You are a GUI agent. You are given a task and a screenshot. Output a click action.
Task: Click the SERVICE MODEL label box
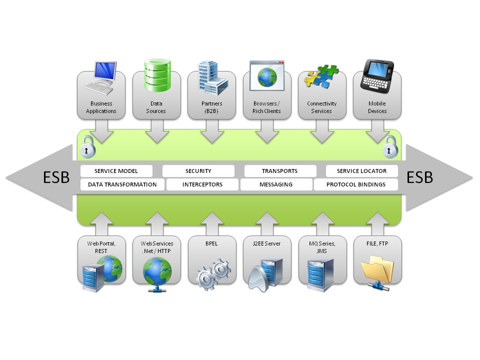[116, 171]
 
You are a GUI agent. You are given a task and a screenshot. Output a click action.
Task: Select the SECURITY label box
[198, 171]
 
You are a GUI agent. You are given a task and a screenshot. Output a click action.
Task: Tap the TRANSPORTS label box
[279, 171]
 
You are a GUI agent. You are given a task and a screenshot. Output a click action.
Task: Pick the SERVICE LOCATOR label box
[361, 171]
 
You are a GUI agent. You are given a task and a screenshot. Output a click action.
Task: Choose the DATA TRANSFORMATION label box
[122, 184]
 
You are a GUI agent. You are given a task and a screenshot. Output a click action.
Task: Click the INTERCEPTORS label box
[202, 184]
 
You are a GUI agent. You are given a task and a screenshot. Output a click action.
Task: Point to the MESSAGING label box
[275, 184]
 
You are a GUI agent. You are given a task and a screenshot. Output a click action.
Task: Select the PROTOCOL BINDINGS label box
[355, 184]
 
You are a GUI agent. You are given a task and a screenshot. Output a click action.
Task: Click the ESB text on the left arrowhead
[56, 177]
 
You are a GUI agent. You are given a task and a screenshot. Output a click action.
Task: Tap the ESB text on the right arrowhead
[419, 177]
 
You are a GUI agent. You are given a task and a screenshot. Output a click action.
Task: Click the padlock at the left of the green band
[88, 146]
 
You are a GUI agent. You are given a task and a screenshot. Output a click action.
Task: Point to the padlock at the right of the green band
[390, 146]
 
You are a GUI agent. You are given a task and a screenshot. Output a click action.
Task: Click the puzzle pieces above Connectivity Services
[322, 75]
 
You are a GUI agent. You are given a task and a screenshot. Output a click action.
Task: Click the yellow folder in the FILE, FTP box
[378, 270]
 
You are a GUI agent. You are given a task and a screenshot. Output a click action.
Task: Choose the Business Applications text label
[101, 107]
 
